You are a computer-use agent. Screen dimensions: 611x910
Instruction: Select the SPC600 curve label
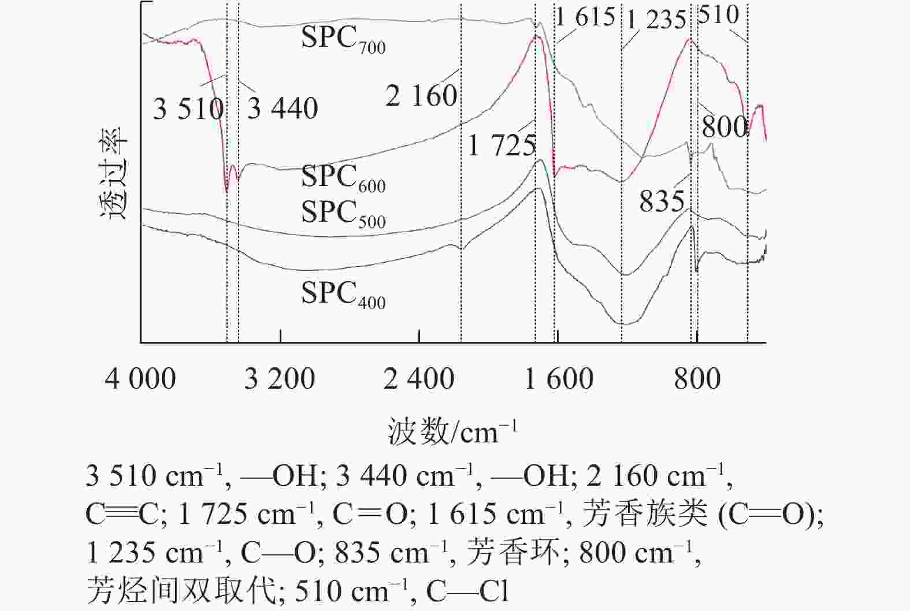pos(343,178)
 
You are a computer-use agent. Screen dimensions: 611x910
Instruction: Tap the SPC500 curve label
pos(343,213)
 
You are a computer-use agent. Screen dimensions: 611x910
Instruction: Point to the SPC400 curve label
pos(343,294)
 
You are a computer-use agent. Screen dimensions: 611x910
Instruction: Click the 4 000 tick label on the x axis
pos(140,379)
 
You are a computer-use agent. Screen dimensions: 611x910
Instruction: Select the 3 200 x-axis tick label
pos(280,379)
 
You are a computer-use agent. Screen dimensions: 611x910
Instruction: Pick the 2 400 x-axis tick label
pos(419,379)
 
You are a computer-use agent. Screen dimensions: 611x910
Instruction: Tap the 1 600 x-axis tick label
pos(559,379)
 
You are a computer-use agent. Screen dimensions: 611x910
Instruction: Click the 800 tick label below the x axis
pos(697,379)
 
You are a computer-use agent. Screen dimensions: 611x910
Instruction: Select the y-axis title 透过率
pos(113,173)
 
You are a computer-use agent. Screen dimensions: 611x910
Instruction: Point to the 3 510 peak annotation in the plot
pos(188,109)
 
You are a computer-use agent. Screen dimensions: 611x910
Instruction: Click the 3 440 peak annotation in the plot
pos(283,109)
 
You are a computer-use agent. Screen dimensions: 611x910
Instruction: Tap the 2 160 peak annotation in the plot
pos(422,95)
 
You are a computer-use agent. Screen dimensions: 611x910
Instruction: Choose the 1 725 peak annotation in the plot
pos(502,145)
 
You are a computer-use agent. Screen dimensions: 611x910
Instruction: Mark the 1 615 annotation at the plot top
pos(585,17)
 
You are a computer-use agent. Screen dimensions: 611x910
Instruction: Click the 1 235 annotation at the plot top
pos(656,20)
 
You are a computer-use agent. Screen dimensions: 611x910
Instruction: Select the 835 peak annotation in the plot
pos(662,202)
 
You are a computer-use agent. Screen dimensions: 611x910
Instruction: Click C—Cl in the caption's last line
pos(467,591)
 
